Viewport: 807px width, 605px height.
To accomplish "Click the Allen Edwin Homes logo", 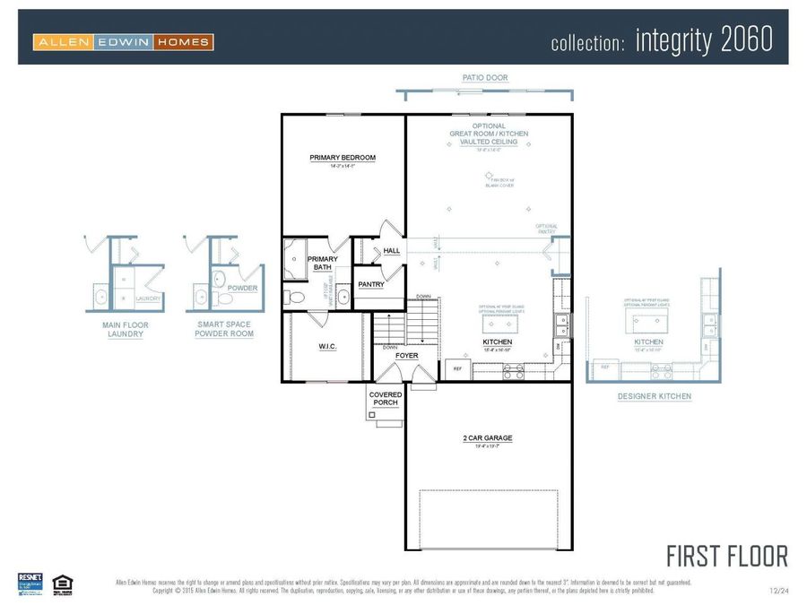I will pos(123,41).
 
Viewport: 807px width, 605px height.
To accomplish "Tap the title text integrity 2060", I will pos(704,40).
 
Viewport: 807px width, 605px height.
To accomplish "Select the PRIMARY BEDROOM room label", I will pos(343,158).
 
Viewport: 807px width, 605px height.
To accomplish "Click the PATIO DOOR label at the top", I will pos(485,78).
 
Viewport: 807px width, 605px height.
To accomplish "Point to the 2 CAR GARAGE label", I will pos(488,438).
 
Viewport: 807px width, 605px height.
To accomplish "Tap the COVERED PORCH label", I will pos(386,399).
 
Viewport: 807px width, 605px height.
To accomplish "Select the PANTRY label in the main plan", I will pos(370,284).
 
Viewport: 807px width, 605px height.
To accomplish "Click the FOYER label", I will pos(407,356).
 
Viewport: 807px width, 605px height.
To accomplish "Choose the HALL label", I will pos(392,251).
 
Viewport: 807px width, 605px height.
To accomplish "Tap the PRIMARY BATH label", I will pos(323,263).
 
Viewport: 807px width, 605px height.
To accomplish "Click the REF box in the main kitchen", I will pos(456,368).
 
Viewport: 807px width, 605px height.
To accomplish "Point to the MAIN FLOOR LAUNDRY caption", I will pos(125,330).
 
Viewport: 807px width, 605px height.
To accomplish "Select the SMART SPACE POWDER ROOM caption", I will pos(224,329).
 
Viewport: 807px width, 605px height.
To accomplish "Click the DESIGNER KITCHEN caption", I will pos(655,395).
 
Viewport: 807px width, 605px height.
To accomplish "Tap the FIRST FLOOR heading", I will pos(727,556).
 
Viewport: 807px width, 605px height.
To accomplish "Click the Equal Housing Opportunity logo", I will pos(62,582).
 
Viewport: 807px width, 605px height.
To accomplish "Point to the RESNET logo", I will pos(30,582).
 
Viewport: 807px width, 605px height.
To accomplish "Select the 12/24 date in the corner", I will pos(778,591).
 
